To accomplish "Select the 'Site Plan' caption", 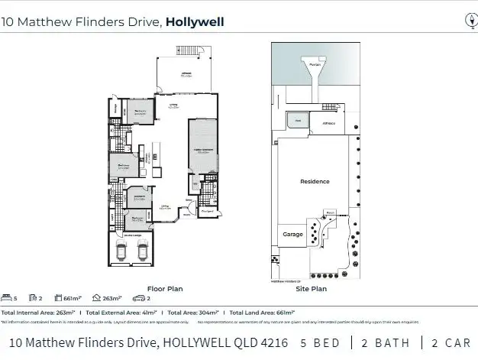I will (311, 289).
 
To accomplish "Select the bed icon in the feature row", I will (7, 298).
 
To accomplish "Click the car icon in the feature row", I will (137, 298).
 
